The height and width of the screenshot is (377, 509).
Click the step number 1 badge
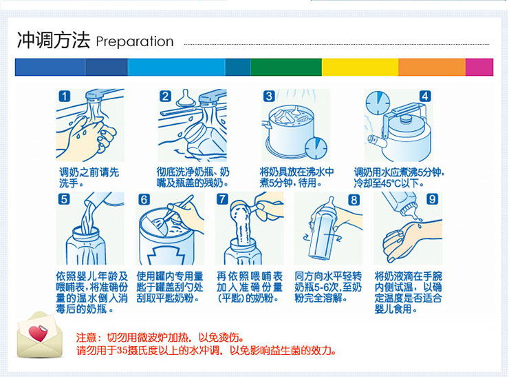click(x=65, y=96)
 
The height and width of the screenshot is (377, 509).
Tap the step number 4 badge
click(x=425, y=96)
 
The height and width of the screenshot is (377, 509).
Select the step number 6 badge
click(x=144, y=199)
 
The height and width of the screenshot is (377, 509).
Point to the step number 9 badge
click(x=432, y=198)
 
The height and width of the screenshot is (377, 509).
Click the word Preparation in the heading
click(x=135, y=41)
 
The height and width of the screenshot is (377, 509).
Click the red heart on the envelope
click(x=38, y=333)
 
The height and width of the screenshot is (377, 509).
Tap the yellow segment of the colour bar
click(x=360, y=67)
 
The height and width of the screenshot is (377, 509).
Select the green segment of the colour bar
click(x=286, y=67)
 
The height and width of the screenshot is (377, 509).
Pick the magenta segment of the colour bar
click(x=479, y=67)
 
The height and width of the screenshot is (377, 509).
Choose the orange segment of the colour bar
click(x=432, y=67)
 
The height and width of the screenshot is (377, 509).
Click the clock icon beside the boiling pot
click(x=316, y=148)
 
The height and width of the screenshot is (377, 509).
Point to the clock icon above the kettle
click(x=378, y=103)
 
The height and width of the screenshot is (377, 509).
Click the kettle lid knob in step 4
click(x=405, y=119)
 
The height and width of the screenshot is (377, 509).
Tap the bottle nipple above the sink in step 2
click(x=186, y=99)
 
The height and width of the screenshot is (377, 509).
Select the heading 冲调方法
click(x=53, y=41)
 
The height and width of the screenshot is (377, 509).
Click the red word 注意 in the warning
click(x=87, y=338)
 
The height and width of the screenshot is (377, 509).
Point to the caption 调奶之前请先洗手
click(x=89, y=177)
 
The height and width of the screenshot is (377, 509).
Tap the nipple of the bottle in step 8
click(x=331, y=203)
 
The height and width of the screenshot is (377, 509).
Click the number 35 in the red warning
click(x=122, y=351)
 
